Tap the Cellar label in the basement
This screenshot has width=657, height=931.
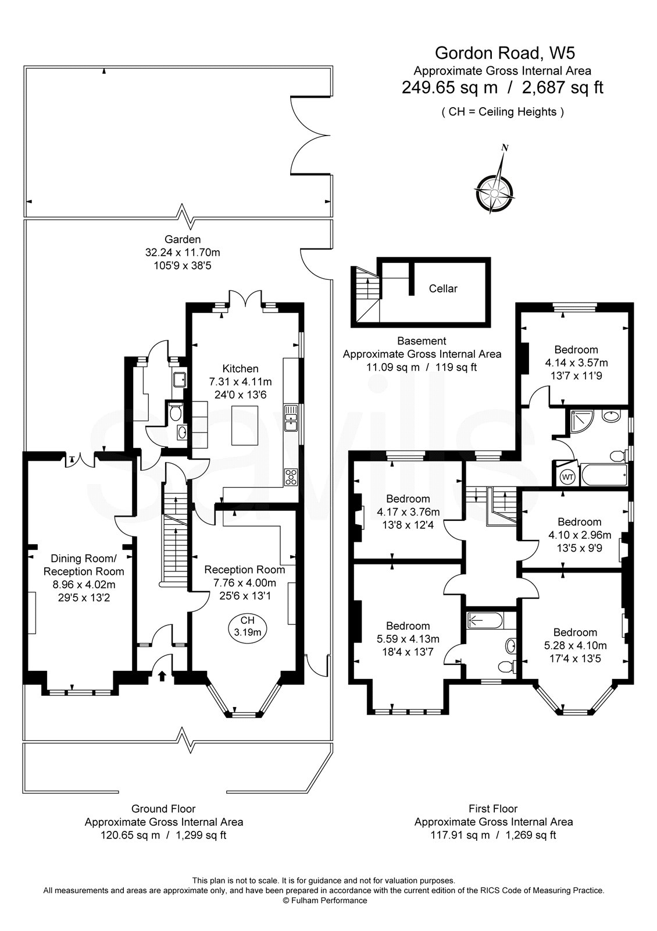443,289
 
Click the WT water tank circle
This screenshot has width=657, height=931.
567,477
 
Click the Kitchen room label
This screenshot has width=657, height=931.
241,369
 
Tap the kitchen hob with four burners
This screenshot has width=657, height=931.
291,477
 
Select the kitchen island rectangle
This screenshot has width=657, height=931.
245,426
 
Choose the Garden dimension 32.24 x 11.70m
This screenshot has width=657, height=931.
183,253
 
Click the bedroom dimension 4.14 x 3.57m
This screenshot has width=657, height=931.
576,363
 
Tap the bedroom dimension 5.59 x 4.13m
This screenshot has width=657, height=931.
408,639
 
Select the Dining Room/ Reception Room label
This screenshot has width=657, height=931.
84,565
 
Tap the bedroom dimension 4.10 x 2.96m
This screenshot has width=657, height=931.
579,535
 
